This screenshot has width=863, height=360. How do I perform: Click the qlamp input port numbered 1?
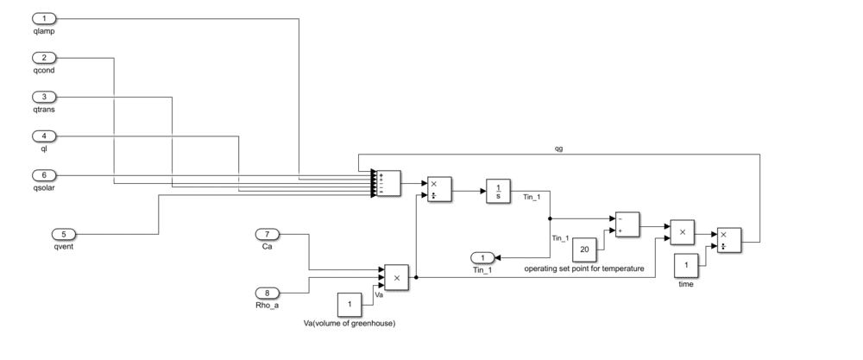(44, 18)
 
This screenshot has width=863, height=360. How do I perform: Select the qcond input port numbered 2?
(44, 58)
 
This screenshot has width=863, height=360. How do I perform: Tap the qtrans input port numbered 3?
(44, 97)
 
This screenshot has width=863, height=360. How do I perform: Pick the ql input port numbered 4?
(44, 136)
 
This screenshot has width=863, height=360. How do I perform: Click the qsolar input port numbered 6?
(44, 175)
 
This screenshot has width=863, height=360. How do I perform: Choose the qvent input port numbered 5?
(64, 233)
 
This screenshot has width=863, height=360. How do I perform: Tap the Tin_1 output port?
(483, 257)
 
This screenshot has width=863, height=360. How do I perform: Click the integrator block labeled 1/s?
(499, 190)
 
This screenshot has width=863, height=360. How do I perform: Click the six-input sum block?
(388, 183)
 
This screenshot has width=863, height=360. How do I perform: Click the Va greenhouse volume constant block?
(350, 305)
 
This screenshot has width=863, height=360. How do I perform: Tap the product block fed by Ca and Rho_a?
(397, 277)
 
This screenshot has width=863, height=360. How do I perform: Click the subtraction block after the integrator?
(626, 224)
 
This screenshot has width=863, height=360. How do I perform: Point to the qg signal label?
(559, 148)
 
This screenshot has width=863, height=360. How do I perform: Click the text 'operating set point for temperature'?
(584, 269)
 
